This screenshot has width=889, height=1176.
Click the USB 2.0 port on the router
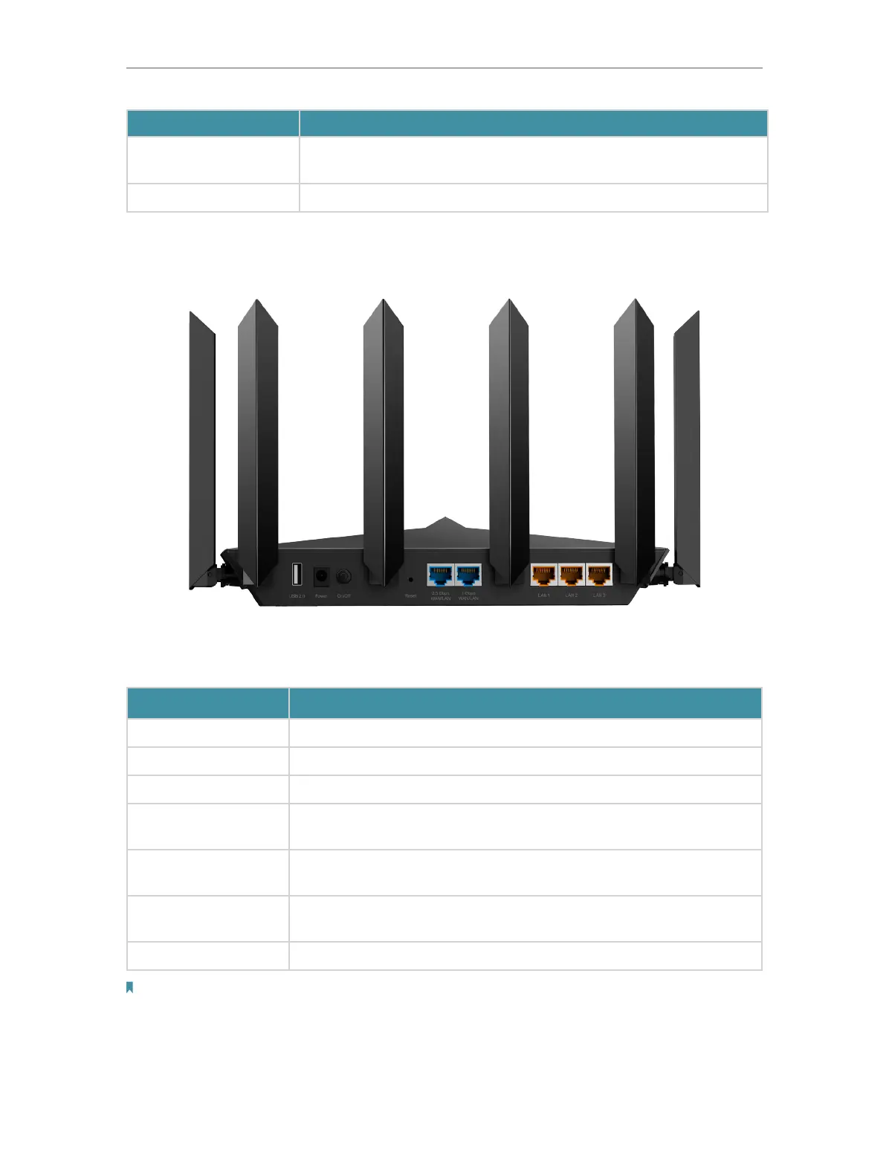click(x=296, y=575)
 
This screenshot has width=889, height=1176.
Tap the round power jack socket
click(x=322, y=577)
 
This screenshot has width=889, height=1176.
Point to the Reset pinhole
click(x=410, y=578)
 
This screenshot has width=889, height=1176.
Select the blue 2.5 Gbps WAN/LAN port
click(x=441, y=575)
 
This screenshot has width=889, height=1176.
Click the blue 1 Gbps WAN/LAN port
click(x=468, y=575)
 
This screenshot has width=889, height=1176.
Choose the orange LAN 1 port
click(x=544, y=575)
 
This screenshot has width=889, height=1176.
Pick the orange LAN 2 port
click(x=571, y=575)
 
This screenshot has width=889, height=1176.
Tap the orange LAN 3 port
click(x=598, y=575)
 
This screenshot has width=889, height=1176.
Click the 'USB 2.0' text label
click(x=297, y=596)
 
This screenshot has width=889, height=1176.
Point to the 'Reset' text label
click(x=410, y=596)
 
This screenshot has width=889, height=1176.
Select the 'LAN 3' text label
click(x=599, y=595)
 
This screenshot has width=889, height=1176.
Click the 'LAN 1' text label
click(x=544, y=595)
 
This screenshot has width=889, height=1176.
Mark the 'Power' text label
click(x=321, y=596)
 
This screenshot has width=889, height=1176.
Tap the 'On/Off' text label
click(x=344, y=596)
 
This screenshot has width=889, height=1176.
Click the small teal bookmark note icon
click(x=129, y=987)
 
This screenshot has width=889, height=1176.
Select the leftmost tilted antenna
click(x=202, y=446)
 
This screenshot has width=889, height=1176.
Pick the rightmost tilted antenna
click(x=686, y=446)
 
